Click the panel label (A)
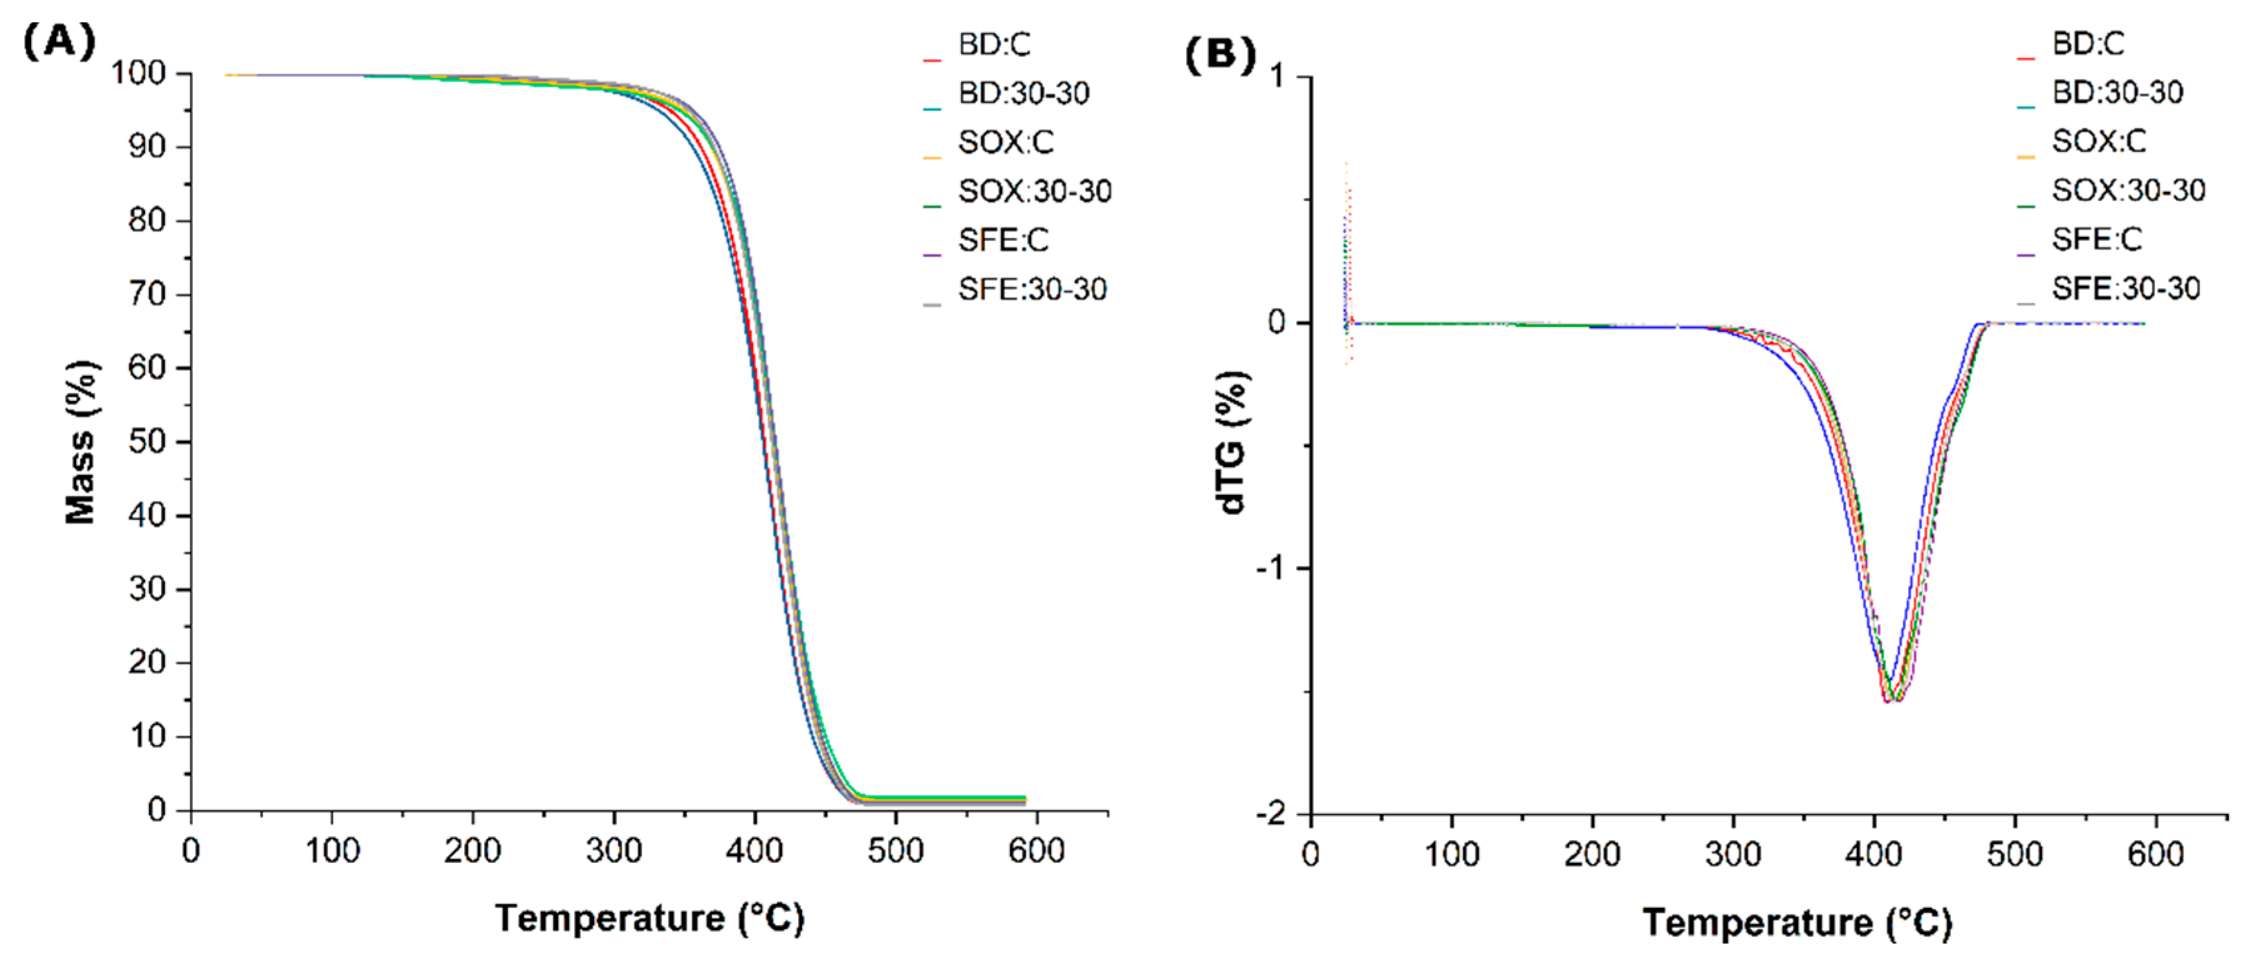pyautogui.click(x=58, y=41)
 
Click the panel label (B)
pyautogui.click(x=1220, y=54)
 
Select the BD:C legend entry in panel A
pyautogui.click(x=993, y=44)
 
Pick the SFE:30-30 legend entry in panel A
pyautogui.click(x=1031, y=289)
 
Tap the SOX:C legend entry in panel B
pyautogui.click(x=2098, y=140)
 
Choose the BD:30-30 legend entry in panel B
pyautogui.click(x=2117, y=92)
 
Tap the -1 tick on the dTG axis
pyautogui.click(x=1272, y=568)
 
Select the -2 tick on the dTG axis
pyautogui.click(x=1272, y=814)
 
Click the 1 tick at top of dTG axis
pyautogui.click(x=1277, y=77)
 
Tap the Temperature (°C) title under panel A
pyautogui.click(x=649, y=918)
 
